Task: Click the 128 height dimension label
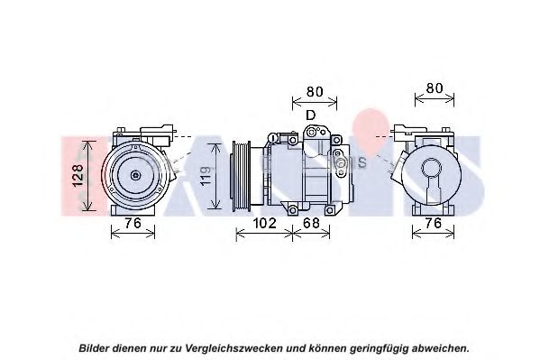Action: pos(78,176)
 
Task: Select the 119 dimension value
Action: pos(206,176)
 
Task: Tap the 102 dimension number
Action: pos(264,223)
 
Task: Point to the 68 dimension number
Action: pos(311,223)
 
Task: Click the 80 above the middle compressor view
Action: pos(315,91)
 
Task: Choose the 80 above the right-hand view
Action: pos(435,88)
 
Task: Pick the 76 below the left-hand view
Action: pos(133,223)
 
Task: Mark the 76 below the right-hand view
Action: pos(434,223)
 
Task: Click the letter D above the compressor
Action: pos(311,115)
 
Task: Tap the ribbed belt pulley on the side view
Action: pos(241,176)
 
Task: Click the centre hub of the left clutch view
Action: pos(136,175)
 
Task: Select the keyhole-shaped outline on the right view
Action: pos(432,180)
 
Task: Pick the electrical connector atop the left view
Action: pos(156,134)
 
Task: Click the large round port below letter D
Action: pos(313,132)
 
